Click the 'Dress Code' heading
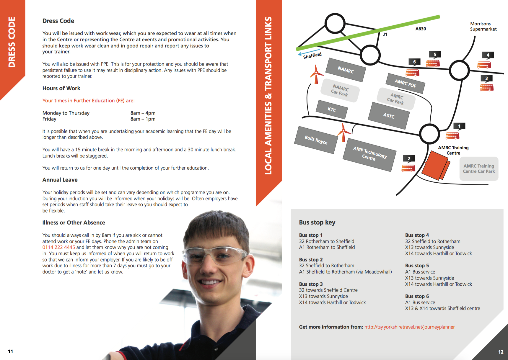click(x=58, y=21)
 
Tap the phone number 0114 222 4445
click(x=58, y=247)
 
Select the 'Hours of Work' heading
click(x=61, y=89)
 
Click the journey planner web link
click(x=409, y=327)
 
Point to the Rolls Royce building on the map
click(x=316, y=140)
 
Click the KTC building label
click(x=332, y=109)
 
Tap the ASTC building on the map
click(x=389, y=116)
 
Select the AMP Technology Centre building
click(x=370, y=154)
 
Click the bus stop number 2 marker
click(x=409, y=158)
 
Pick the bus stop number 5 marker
click(x=435, y=54)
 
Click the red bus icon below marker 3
click(x=486, y=88)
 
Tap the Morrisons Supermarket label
click(x=483, y=26)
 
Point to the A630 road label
click(x=421, y=29)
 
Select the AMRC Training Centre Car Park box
click(x=479, y=169)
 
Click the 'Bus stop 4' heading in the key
click(x=417, y=235)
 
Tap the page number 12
click(x=501, y=352)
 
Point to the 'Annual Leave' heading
click(x=60, y=180)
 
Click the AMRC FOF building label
click(x=406, y=84)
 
